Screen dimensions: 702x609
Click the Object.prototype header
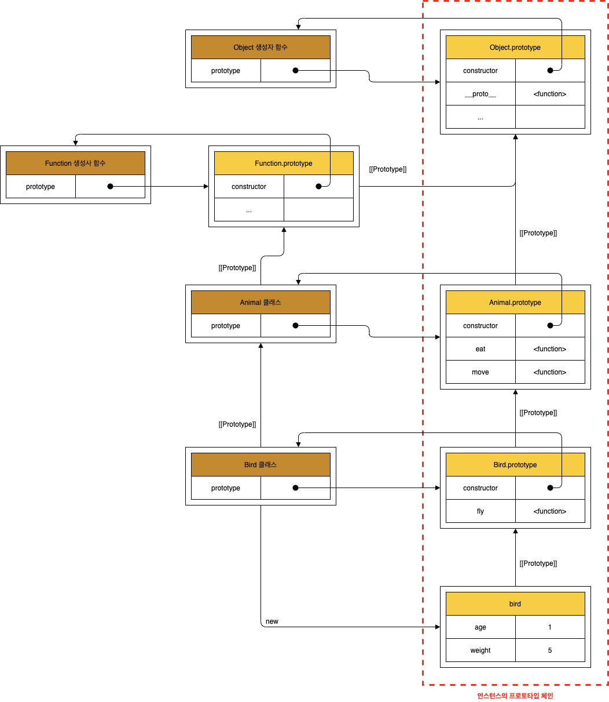[x=515, y=48]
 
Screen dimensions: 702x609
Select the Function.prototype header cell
[x=284, y=163]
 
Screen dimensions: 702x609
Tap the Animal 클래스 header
[x=261, y=303]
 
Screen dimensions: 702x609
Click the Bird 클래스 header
[x=261, y=465]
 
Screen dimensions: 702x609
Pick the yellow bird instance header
[x=515, y=604]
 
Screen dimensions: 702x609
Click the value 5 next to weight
[x=550, y=650]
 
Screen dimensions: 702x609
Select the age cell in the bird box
[x=480, y=627]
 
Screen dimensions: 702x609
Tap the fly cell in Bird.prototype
[x=480, y=511]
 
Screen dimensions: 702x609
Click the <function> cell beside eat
[x=550, y=349]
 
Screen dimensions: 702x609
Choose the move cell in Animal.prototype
[x=480, y=372]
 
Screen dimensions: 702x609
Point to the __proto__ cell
[x=480, y=94]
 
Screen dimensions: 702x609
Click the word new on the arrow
[x=272, y=621]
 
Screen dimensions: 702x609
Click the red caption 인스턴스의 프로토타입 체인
[x=515, y=696]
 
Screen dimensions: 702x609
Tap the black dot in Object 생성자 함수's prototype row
[x=295, y=71]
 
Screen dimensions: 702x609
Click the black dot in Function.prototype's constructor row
[x=318, y=187]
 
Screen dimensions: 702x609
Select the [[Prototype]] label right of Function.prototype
[x=388, y=169]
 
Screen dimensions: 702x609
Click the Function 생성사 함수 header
[x=75, y=163]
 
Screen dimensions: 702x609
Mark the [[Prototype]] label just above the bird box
[x=538, y=563]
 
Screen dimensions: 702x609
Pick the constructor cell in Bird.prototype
[x=480, y=488]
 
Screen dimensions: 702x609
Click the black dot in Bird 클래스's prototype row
[x=295, y=488]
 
